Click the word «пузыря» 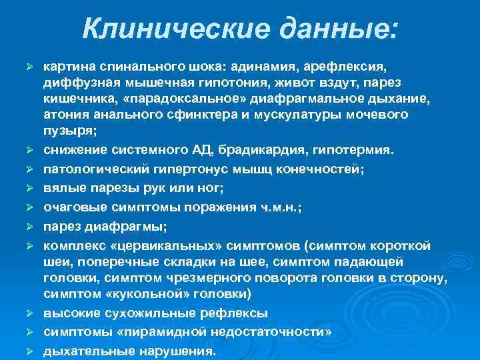pos(65,131)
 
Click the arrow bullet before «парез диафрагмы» pos(29,227)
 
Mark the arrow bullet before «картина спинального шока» pos(29,68)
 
